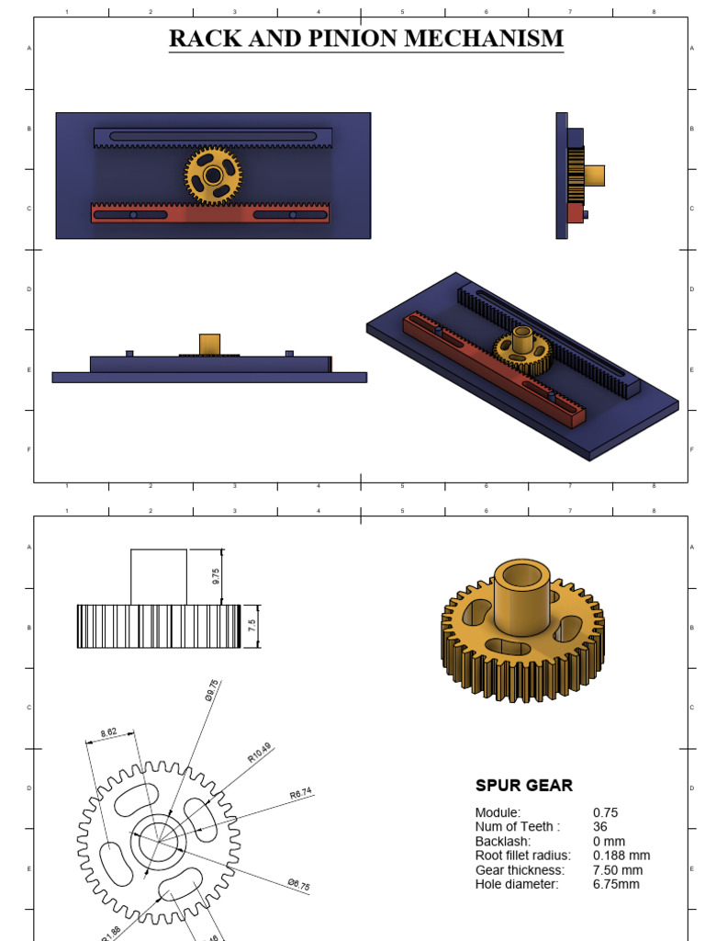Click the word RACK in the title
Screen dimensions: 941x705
(199, 39)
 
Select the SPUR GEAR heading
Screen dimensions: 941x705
(523, 786)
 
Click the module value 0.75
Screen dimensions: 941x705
(606, 812)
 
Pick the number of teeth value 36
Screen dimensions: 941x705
(600, 826)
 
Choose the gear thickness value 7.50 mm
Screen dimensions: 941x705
(617, 870)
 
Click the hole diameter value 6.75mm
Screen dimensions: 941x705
(616, 884)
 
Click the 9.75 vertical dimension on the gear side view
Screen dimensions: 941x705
(216, 576)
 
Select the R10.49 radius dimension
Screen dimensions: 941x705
(260, 754)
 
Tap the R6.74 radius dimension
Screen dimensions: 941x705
(301, 791)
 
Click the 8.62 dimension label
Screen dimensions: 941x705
(107, 732)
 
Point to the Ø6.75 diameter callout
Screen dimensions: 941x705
(298, 884)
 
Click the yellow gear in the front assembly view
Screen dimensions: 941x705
(213, 175)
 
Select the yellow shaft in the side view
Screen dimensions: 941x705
(595, 175)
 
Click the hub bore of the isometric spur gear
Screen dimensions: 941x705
(521, 576)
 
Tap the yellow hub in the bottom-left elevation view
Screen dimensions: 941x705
(210, 344)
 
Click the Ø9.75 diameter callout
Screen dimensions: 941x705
(212, 690)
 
